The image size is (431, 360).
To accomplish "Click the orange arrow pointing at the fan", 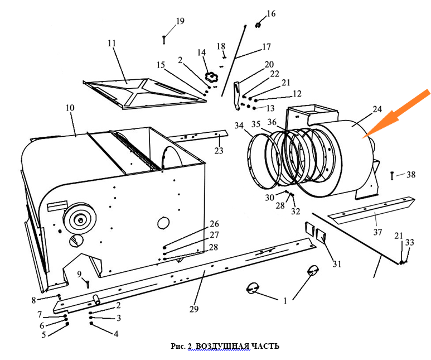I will pyautogui.click(x=399, y=114).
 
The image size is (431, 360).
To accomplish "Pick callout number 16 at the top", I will pyautogui.click(x=271, y=13).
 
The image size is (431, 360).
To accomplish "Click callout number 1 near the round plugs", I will pyautogui.click(x=285, y=300).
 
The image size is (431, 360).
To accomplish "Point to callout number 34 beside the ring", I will pyautogui.click(x=239, y=126).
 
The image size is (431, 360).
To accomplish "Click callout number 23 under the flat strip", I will pyautogui.click(x=218, y=151).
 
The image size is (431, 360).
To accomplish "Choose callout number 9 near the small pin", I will pyautogui.click(x=80, y=273).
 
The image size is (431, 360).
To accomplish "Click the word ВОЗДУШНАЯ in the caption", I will pyautogui.click(x=222, y=347).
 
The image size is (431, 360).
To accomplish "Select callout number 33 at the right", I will pyautogui.click(x=410, y=243).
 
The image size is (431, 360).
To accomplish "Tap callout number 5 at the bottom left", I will pyautogui.click(x=44, y=335).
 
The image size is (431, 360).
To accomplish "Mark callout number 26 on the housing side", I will pyautogui.click(x=214, y=224).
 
